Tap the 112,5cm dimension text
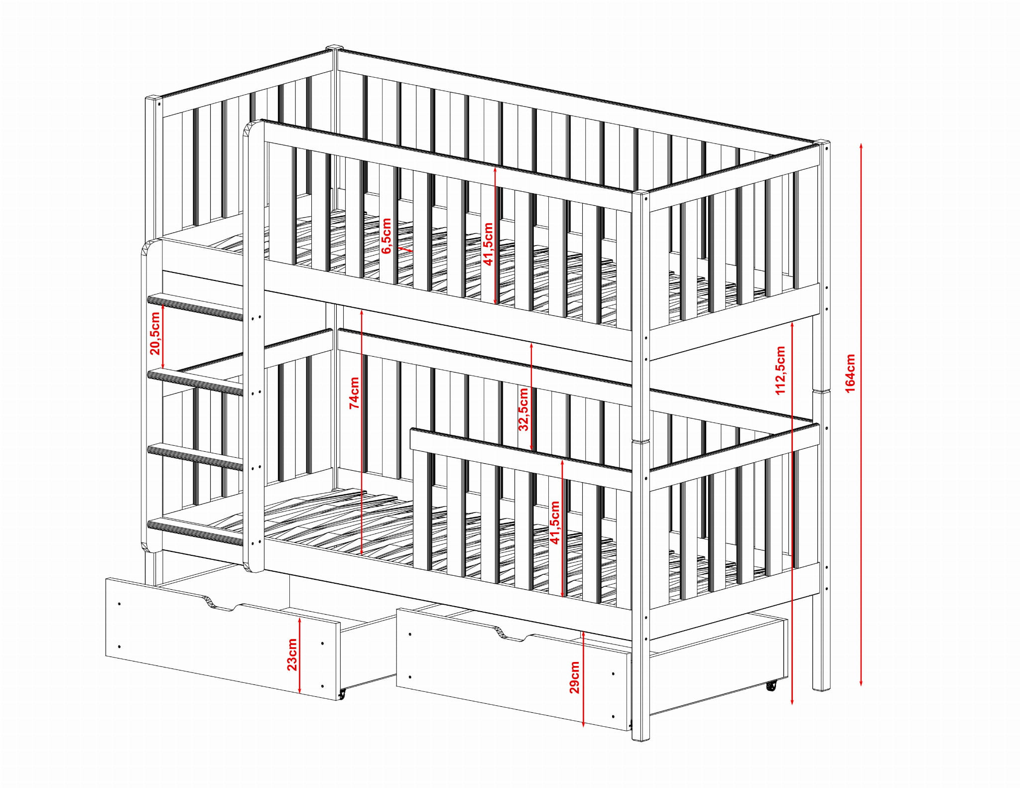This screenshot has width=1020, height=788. [x=780, y=370]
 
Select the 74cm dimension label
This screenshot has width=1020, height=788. [x=354, y=393]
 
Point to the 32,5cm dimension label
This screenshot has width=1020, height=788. [x=523, y=409]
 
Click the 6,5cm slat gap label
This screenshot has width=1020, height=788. [x=386, y=236]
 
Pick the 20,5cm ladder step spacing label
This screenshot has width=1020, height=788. [x=155, y=333]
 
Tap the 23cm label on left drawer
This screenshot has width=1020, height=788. [x=292, y=655]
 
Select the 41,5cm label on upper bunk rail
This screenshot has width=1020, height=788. [x=489, y=244]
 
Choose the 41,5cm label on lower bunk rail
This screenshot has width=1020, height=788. [x=555, y=523]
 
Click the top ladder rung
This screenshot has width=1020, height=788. [x=195, y=305]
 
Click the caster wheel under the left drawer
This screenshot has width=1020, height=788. [x=342, y=693]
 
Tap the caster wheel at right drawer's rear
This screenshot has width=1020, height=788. [x=771, y=686]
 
